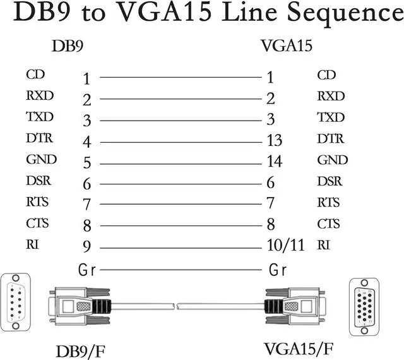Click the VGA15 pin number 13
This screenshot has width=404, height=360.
274,140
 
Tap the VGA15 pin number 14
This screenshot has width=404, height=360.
274,161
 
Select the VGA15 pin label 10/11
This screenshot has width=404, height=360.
282,245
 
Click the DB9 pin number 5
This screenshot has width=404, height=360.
87,163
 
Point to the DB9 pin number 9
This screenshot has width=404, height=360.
87,246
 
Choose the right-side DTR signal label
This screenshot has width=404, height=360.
331,138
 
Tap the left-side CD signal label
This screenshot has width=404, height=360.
35,75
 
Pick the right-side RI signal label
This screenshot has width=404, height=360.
323,244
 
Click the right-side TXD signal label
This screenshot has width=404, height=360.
331,117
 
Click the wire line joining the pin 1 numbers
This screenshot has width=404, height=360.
180,78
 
